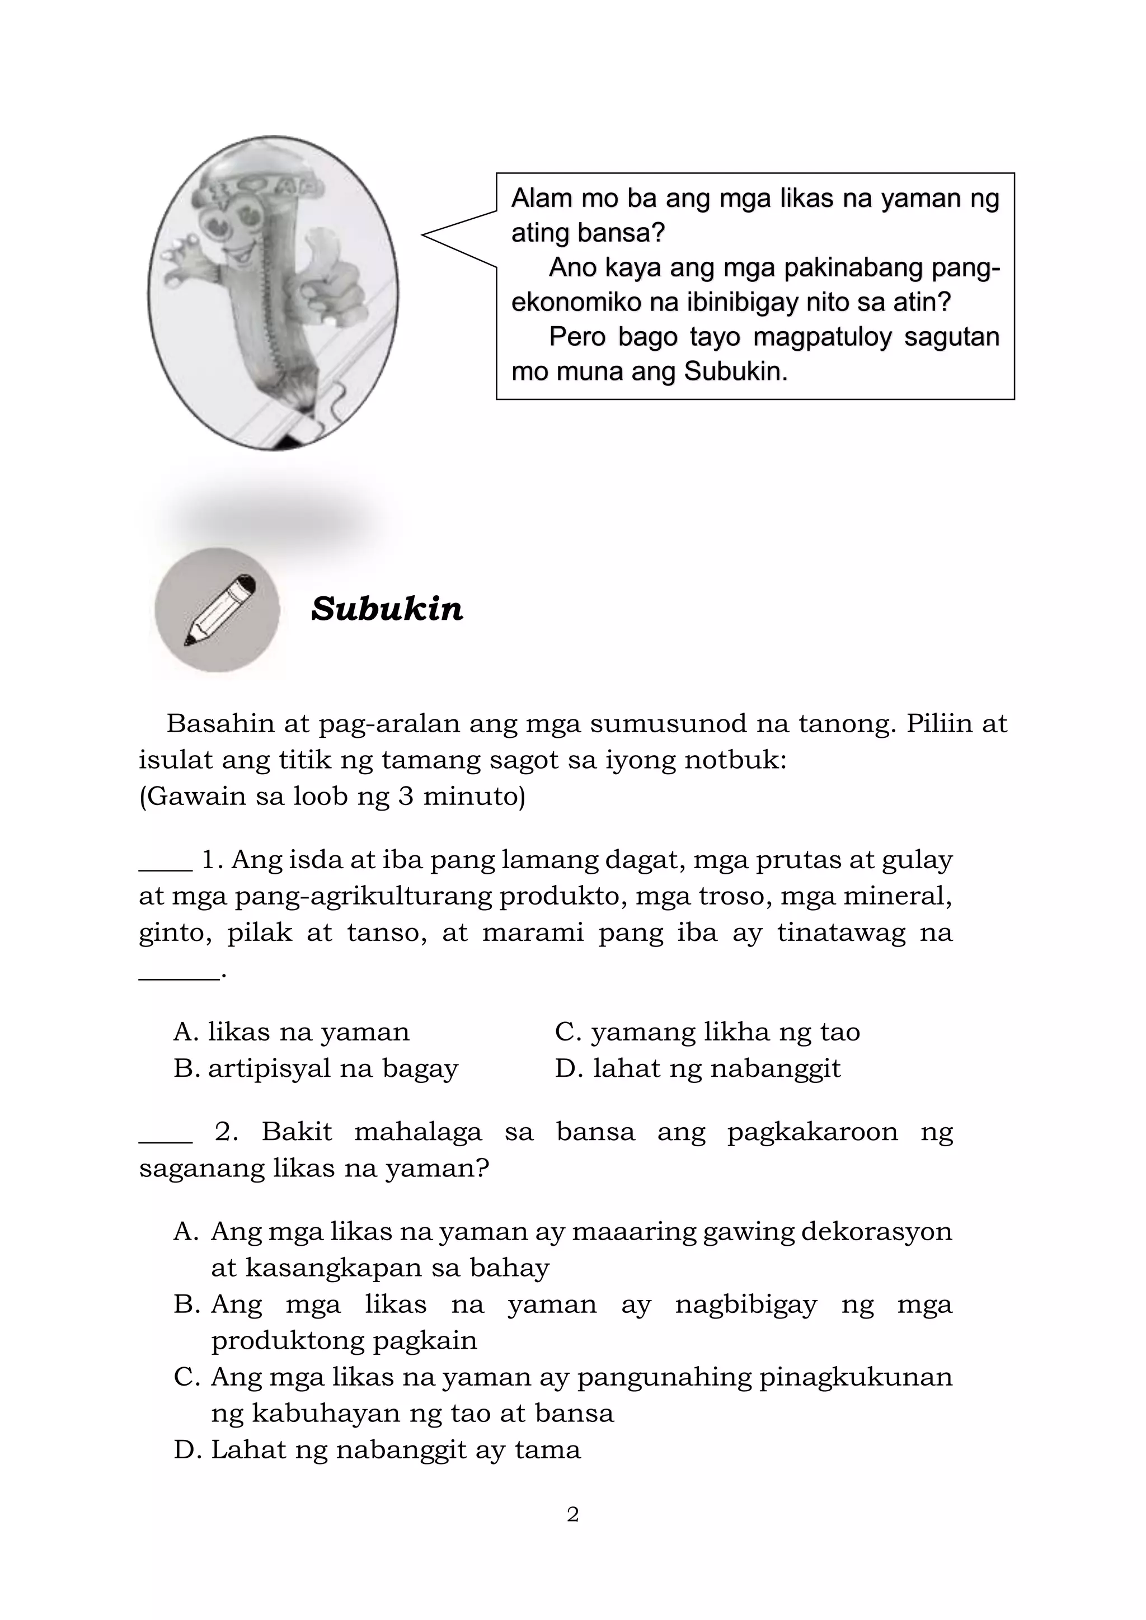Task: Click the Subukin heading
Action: (x=387, y=608)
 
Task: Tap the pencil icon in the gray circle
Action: (x=219, y=610)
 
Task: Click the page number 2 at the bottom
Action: (x=573, y=1514)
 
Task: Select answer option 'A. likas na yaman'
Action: (x=292, y=1032)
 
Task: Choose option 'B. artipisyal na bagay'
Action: (x=316, y=1068)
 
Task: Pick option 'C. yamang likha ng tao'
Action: (x=707, y=1032)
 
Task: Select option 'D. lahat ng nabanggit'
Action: (x=697, y=1068)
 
